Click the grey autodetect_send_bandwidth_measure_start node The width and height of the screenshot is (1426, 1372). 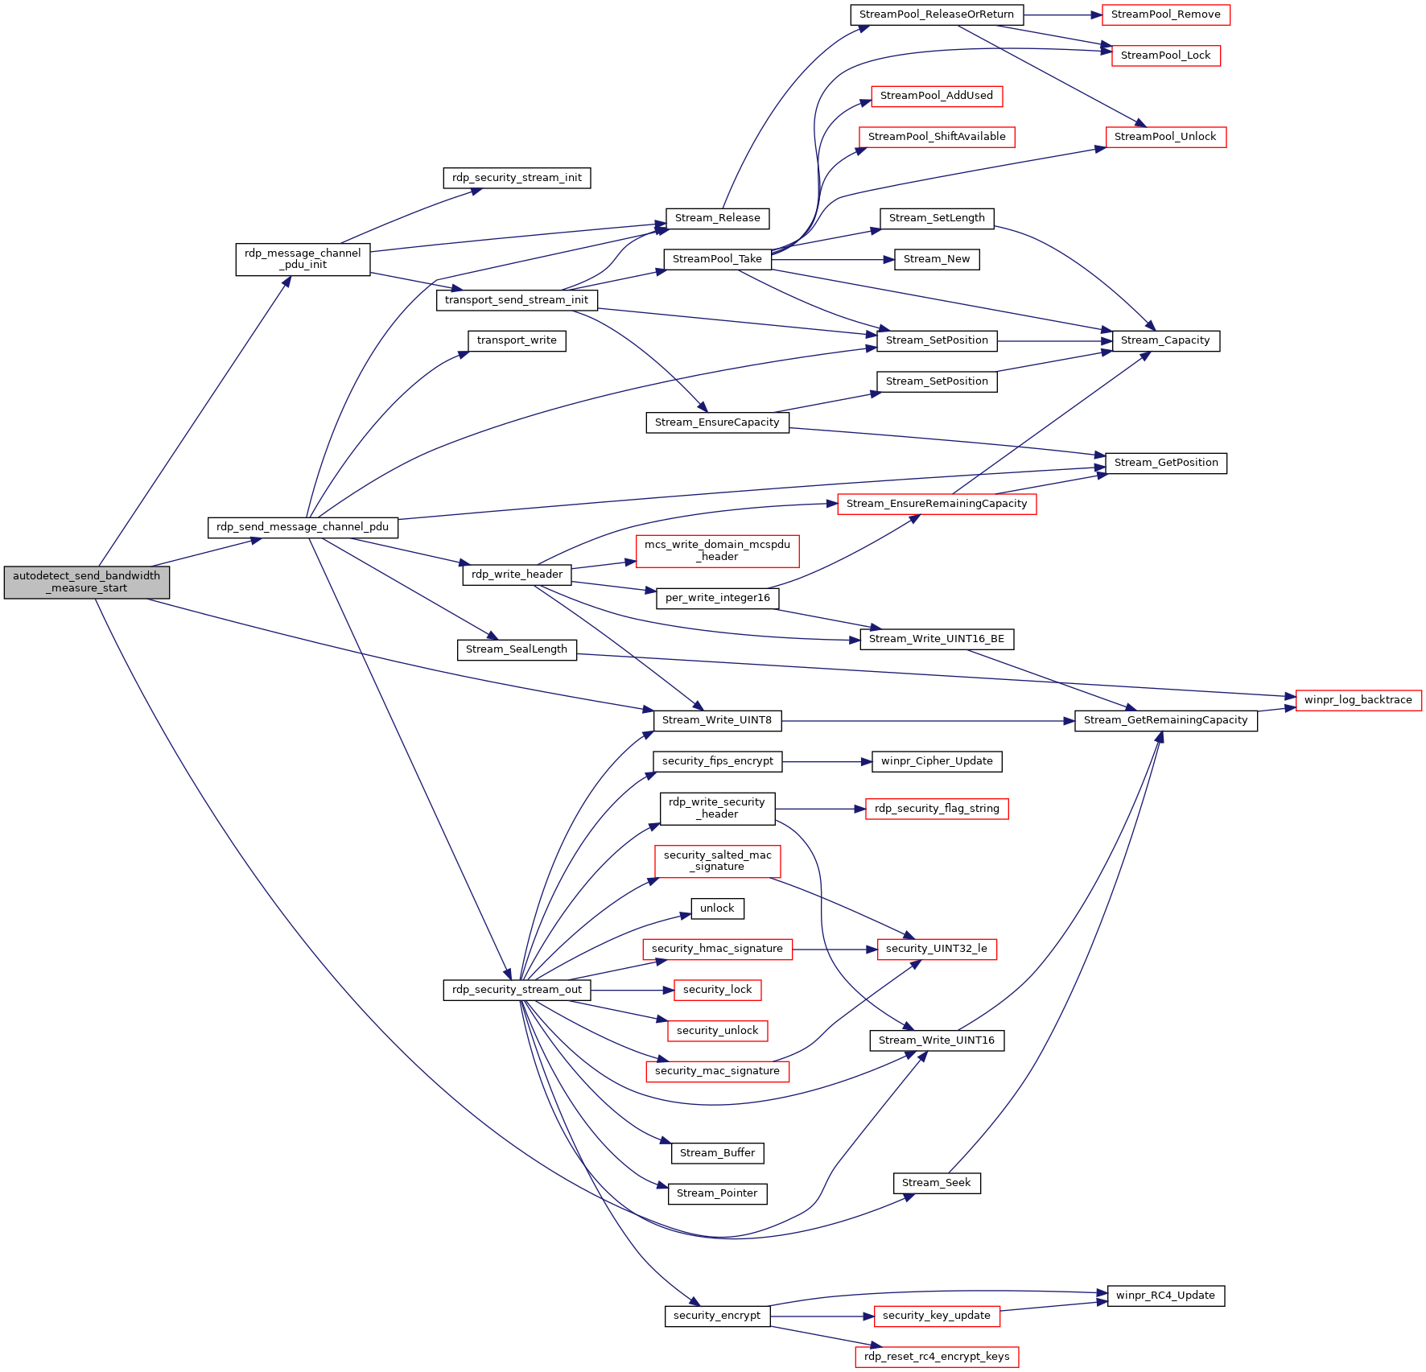[x=87, y=582]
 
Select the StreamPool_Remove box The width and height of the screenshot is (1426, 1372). [x=1165, y=14]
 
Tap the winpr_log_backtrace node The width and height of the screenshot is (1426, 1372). [x=1358, y=700]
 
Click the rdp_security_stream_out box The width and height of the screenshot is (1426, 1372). [x=517, y=990]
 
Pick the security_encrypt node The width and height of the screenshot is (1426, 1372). [x=717, y=1316]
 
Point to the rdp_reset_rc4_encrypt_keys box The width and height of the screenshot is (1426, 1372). [x=937, y=1357]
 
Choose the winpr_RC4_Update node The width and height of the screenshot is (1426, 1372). [x=1165, y=1296]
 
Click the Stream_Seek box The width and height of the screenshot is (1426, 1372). [x=937, y=1183]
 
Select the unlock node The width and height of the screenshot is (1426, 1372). [x=717, y=908]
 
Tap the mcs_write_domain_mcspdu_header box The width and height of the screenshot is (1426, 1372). [x=717, y=550]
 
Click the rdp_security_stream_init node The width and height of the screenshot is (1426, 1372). [x=517, y=178]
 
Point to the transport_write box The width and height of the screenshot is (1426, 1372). [x=517, y=340]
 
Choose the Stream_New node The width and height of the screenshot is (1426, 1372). [x=937, y=259]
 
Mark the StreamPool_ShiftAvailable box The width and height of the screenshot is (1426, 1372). [x=937, y=137]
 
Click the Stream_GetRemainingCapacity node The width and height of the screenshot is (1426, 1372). [x=1165, y=720]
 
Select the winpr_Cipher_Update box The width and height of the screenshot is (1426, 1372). [x=937, y=761]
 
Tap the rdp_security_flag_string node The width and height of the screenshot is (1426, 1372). [x=937, y=809]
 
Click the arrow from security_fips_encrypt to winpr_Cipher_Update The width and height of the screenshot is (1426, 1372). [x=827, y=761]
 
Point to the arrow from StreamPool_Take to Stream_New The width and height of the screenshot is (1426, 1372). [x=833, y=260]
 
